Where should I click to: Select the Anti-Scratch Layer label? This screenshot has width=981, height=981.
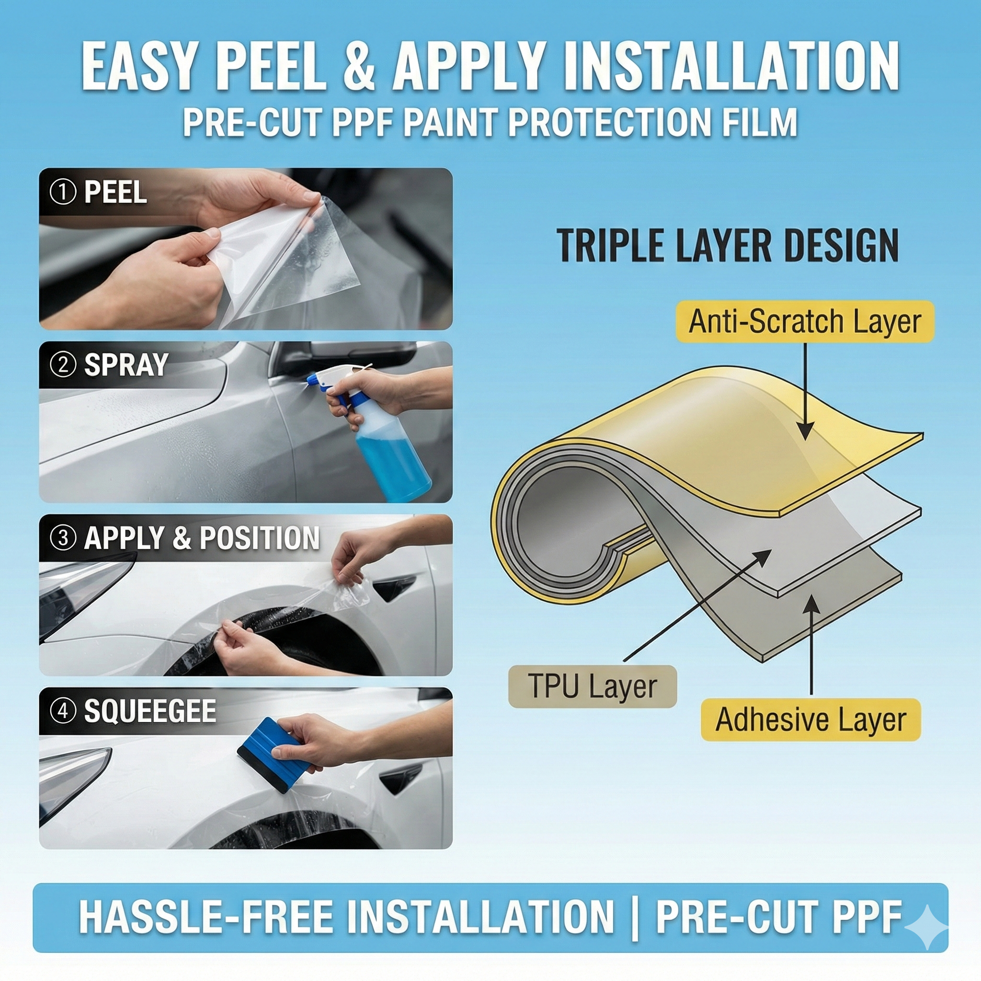(x=805, y=321)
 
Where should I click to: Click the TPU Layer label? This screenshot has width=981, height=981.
(x=593, y=686)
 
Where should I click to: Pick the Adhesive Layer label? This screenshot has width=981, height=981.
(x=811, y=719)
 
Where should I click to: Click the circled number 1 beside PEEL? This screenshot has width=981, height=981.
(x=63, y=193)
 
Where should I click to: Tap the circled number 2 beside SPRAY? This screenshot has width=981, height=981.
(x=63, y=365)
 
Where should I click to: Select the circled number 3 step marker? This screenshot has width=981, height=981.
(x=63, y=538)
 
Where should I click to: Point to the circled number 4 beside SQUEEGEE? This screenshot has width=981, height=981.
(x=63, y=711)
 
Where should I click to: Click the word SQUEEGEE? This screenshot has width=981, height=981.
(x=150, y=711)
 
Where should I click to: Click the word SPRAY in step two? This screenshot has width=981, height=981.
(x=126, y=365)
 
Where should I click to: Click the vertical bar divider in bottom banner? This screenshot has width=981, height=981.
(x=635, y=917)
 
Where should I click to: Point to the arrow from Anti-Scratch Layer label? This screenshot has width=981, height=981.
(x=805, y=391)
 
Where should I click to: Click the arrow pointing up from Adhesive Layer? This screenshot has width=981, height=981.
(x=811, y=645)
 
